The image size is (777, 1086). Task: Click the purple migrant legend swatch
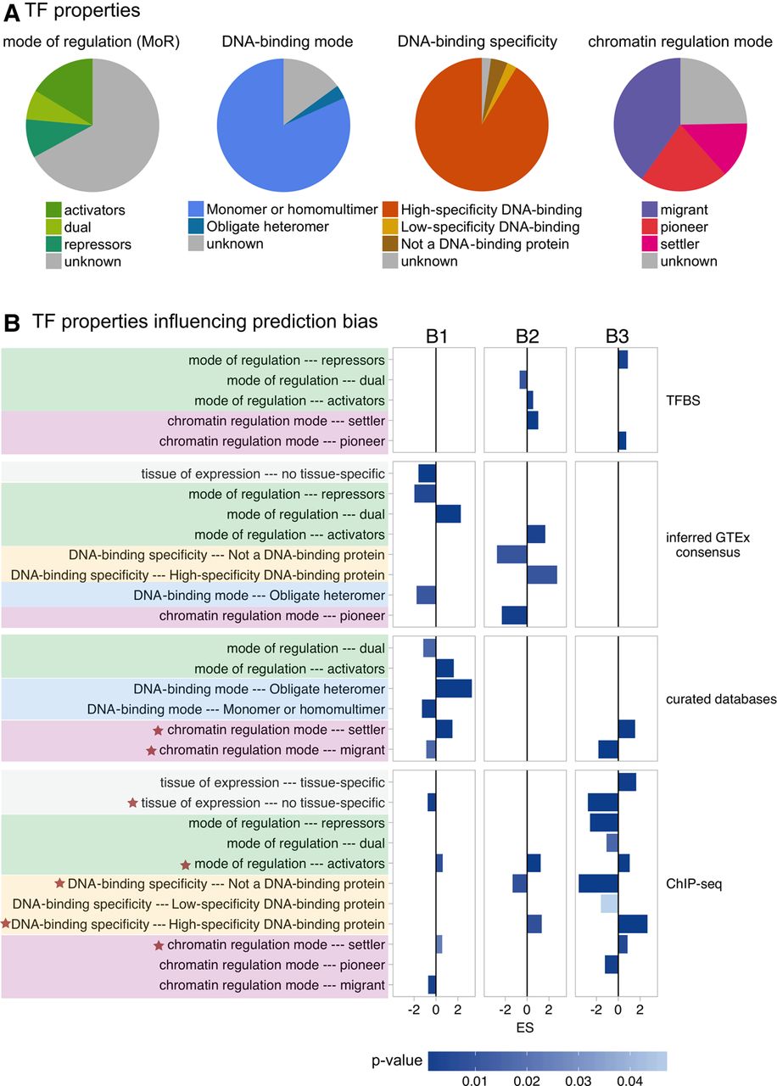tap(650, 210)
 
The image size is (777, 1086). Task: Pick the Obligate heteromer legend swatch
tap(196, 227)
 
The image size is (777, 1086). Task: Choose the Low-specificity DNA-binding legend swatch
tap(390, 227)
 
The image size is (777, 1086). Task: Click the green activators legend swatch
tap(53, 210)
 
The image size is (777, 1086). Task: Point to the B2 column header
tap(527, 336)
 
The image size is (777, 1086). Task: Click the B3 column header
tap(617, 336)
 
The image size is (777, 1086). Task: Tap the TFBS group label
tap(683, 400)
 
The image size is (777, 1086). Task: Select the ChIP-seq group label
tap(694, 884)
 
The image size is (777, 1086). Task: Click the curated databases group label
tap(721, 699)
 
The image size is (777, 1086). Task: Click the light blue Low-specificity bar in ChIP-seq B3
tap(609, 904)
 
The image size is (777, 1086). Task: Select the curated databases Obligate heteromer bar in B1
tap(454, 689)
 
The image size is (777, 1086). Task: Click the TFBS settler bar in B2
tap(532, 420)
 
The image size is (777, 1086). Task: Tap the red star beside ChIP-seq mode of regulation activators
tap(185, 865)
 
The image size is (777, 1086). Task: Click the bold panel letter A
tap(12, 14)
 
